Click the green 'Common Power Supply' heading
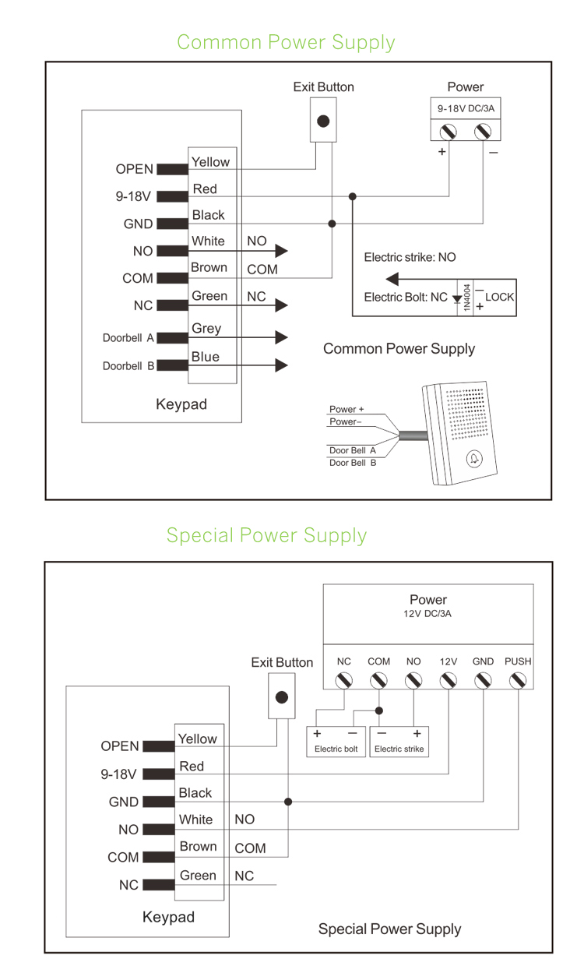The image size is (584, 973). [286, 42]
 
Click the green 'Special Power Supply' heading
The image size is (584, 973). [266, 536]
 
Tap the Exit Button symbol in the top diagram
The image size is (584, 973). [323, 122]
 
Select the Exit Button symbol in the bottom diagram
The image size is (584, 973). [282, 696]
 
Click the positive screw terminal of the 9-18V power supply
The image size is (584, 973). [449, 130]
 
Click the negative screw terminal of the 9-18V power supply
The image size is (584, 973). [483, 130]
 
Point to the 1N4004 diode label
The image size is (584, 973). [467, 297]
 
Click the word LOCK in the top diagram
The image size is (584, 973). [499, 297]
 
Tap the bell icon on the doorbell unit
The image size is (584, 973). [473, 460]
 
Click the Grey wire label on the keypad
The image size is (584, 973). [206, 329]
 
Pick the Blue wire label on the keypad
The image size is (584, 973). [206, 357]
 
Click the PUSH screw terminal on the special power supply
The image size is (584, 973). [517, 681]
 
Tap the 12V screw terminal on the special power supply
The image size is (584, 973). [449, 681]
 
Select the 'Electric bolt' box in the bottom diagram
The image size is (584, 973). [336, 741]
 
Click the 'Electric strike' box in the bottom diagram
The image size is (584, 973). [399, 741]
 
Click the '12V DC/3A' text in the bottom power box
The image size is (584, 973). [428, 614]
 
